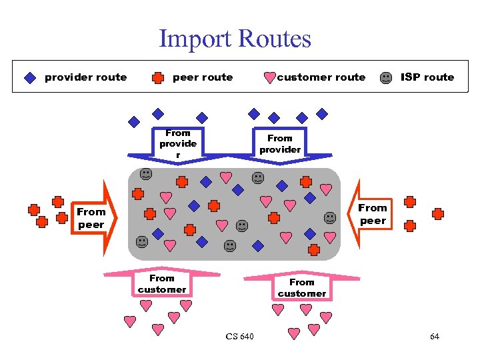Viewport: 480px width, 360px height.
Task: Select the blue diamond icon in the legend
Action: point(30,77)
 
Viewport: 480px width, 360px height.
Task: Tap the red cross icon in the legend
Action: point(158,77)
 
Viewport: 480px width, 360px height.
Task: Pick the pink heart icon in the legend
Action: point(269,78)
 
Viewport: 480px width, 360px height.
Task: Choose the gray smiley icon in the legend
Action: point(386,77)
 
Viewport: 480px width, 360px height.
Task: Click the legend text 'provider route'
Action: point(85,77)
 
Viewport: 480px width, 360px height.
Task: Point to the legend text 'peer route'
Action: point(203,77)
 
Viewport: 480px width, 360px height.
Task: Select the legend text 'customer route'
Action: point(321,77)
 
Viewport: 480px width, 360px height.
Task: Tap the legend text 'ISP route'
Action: point(427,77)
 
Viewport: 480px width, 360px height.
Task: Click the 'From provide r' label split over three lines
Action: point(178,144)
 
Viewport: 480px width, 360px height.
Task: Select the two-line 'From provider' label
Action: point(280,144)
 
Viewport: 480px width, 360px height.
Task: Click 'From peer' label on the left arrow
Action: point(91,218)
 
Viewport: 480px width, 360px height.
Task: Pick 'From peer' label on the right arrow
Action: point(373,214)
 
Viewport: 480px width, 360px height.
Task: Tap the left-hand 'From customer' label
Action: point(162,283)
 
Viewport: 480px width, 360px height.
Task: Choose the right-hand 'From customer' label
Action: point(302,287)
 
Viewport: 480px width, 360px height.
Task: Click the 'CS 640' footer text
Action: point(239,337)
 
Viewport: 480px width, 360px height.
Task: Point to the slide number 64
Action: point(435,337)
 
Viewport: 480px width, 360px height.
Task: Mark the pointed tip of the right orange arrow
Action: point(349,215)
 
